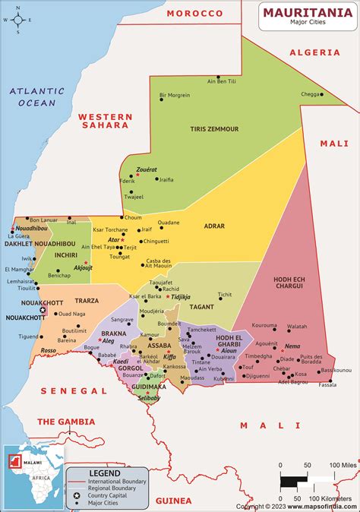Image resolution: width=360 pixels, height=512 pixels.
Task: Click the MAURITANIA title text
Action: point(308,12)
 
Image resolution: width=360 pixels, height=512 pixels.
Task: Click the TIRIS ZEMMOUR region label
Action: point(214,129)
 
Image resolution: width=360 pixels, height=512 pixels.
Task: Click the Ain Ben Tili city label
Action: point(221,81)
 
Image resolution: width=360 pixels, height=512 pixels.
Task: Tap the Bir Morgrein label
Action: point(174,96)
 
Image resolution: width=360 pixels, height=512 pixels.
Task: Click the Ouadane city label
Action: point(169,223)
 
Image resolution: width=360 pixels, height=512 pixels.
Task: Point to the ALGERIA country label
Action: point(314,52)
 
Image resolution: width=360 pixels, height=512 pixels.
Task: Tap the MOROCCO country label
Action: point(195,14)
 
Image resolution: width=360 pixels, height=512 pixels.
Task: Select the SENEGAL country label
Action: point(73,390)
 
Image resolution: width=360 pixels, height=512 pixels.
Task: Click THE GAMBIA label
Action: point(66,421)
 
